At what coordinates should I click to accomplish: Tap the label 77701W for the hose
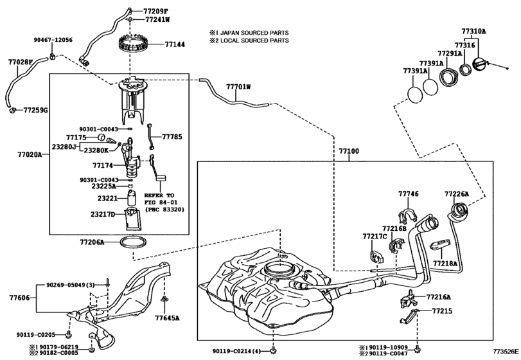pos(238,85)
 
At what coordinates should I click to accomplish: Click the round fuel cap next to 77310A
pos(481,65)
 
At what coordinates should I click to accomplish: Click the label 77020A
pos(30,155)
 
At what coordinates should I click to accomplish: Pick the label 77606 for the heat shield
pos(19,298)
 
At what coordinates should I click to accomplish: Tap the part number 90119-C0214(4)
pos(236,351)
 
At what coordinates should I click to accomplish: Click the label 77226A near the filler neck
pos(457,194)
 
